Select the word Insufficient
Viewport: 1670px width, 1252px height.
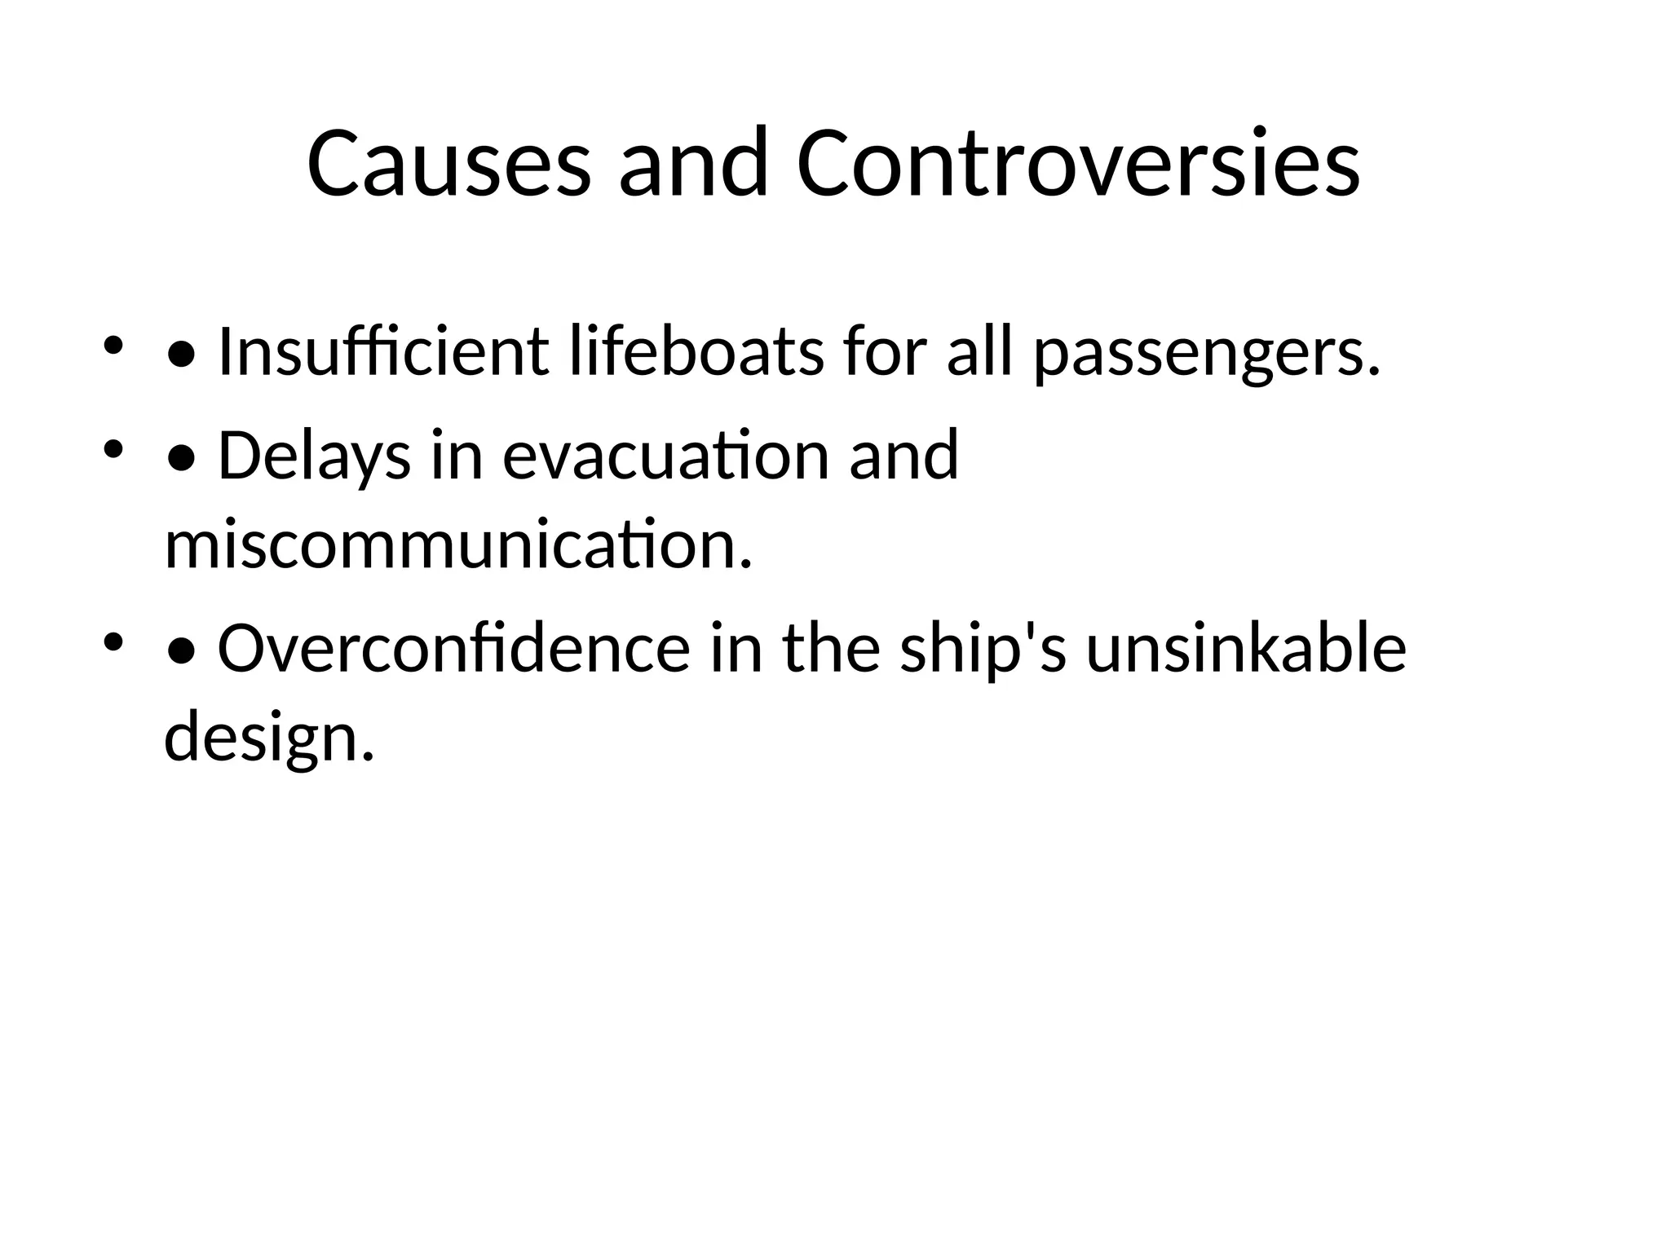(383, 352)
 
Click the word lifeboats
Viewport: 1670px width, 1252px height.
(696, 352)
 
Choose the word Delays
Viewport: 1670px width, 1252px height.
(314, 456)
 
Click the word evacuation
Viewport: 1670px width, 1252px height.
(665, 456)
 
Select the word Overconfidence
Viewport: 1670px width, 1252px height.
(453, 649)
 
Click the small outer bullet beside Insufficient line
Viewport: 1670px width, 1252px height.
(113, 346)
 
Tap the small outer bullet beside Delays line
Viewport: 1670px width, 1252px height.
(113, 449)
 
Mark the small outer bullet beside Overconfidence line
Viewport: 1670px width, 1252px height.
(113, 642)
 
